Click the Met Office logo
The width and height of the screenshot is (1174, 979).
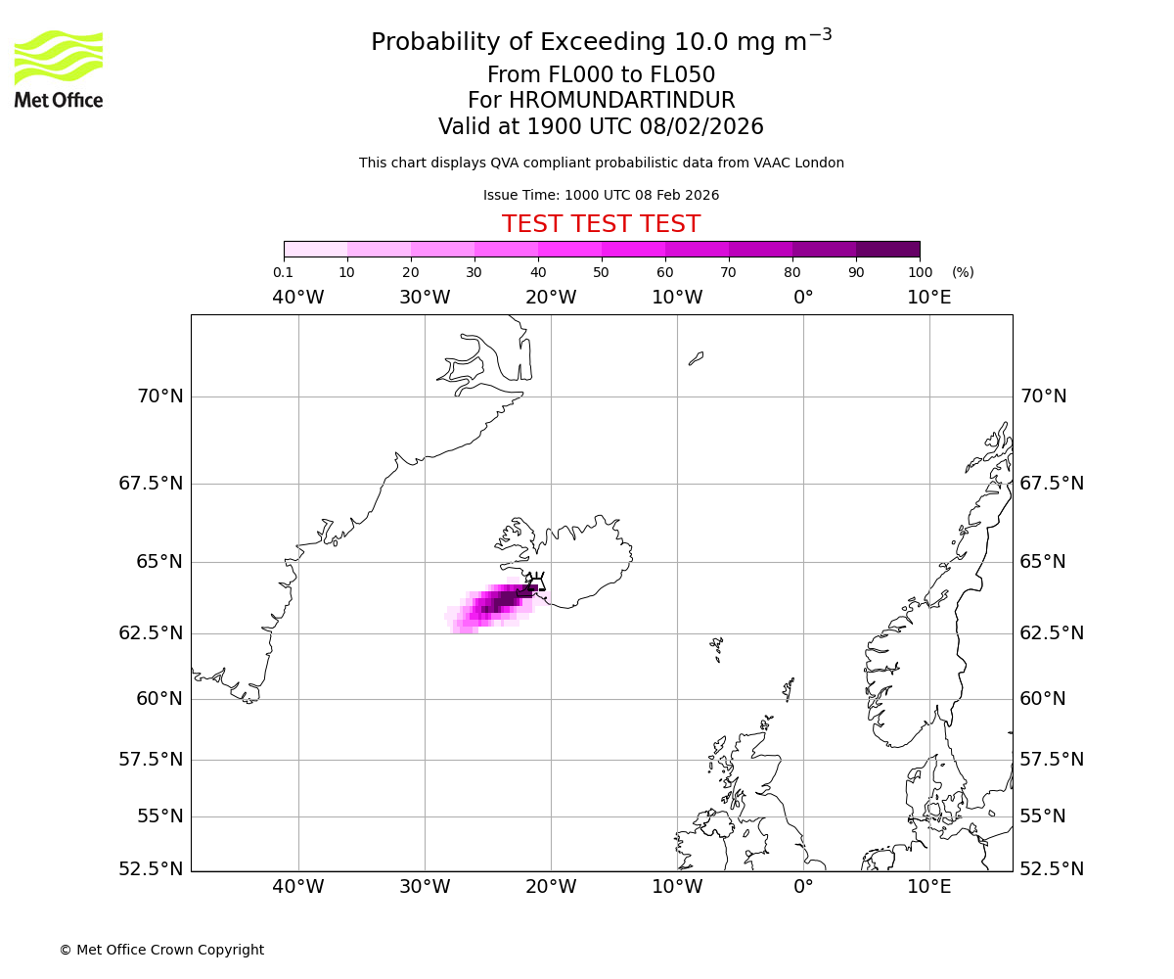[59, 69]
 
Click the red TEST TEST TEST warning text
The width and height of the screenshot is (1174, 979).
[601, 224]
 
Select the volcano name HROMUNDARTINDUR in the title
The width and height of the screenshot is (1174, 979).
[621, 101]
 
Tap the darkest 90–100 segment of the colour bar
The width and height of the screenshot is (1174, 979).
[887, 249]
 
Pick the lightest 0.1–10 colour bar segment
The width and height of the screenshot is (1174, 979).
[316, 249]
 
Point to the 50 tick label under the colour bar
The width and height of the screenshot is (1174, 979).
[601, 272]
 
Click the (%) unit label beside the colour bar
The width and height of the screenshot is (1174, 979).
[963, 272]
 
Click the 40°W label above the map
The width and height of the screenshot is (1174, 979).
[297, 298]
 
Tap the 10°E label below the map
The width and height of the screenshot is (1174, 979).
[928, 887]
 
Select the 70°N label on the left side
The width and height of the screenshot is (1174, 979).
[158, 396]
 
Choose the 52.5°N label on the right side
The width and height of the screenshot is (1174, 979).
[1051, 868]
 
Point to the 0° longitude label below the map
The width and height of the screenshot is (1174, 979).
[803, 887]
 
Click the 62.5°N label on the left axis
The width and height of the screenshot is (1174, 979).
[152, 632]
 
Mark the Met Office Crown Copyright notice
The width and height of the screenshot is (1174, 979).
[161, 950]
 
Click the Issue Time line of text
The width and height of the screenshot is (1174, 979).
[601, 195]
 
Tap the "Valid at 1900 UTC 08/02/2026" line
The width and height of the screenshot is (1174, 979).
[601, 127]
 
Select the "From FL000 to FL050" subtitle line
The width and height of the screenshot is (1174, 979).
[601, 75]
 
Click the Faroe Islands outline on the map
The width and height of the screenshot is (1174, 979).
[717, 647]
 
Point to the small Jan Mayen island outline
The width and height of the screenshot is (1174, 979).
[696, 358]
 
